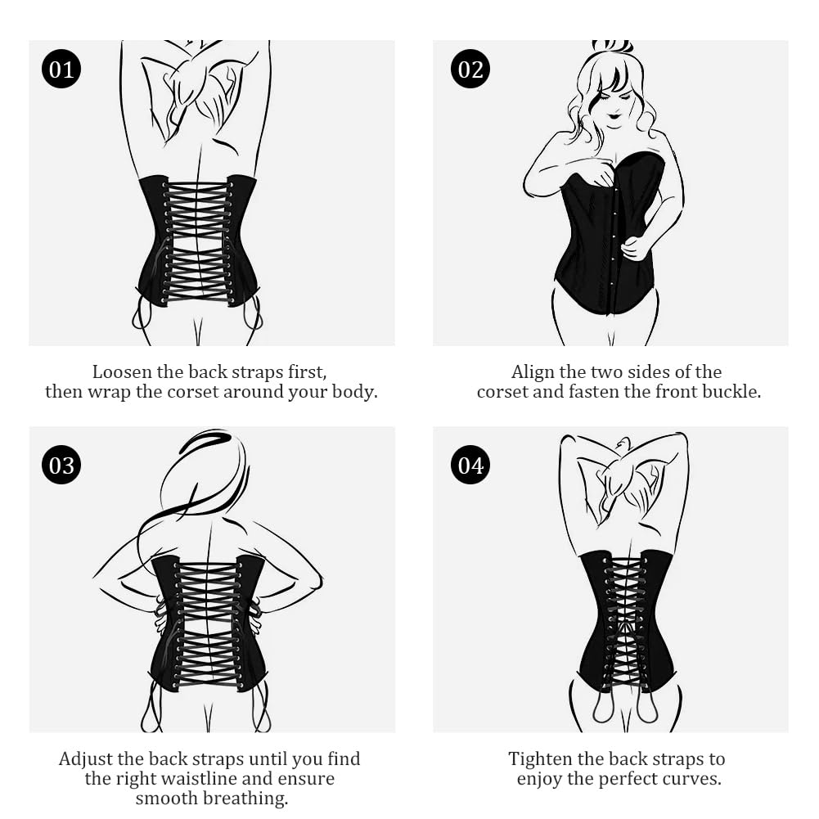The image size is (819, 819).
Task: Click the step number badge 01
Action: pos(61,70)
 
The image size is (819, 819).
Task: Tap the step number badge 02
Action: pos(470,70)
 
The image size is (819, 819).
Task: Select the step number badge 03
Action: pos(61,466)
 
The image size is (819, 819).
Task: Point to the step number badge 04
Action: pos(470,466)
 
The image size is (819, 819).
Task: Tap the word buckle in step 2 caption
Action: pos(733,392)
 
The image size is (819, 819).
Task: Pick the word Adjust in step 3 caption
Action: pos(86,759)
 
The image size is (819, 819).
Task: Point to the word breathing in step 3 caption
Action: pos(247,799)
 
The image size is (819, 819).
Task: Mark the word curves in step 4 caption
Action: pos(694,779)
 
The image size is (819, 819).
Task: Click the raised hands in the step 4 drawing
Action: pos(622,470)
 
